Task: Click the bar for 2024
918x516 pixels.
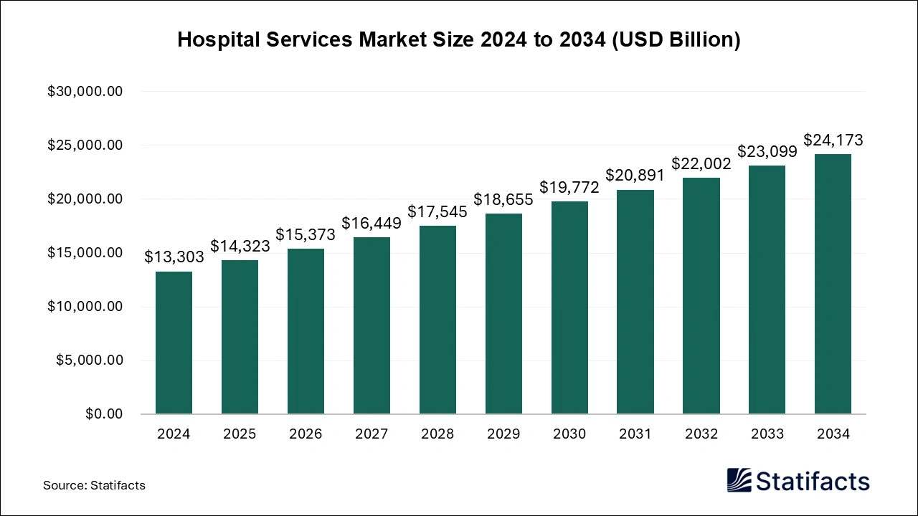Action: point(174,343)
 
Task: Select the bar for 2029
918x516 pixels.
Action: point(503,314)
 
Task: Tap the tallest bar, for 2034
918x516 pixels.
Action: point(833,284)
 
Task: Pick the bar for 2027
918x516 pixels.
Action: point(372,325)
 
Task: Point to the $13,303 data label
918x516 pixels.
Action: point(174,257)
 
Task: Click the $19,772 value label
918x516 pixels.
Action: point(569,187)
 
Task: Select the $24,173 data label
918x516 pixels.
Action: point(833,140)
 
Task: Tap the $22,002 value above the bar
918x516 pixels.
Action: point(701,163)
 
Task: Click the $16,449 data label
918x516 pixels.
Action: point(372,223)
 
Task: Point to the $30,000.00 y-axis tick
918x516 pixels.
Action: point(85,92)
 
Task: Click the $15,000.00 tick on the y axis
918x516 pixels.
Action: point(85,253)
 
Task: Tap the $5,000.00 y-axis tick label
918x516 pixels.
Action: point(90,360)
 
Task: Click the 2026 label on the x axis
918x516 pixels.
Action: point(306,434)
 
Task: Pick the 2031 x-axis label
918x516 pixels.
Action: point(635,434)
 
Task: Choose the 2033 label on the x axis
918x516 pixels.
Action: point(767,434)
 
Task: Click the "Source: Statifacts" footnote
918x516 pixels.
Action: point(94,485)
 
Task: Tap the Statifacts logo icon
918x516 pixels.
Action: point(739,480)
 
